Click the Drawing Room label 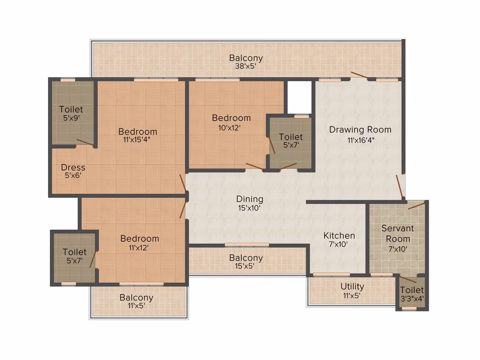point(360,130)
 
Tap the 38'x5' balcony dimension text point(245,66)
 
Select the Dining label point(250,199)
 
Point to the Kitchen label point(339,236)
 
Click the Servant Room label point(398,233)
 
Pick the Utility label point(353,287)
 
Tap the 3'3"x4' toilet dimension point(412,299)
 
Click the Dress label point(73,168)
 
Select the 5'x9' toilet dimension point(71,118)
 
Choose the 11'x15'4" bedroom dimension point(137,140)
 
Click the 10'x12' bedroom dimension point(229,128)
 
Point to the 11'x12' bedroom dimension point(139,248)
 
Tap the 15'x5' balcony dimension point(244,266)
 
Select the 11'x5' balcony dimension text point(136,305)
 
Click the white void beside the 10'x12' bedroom point(300,97)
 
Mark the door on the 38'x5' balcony point(360,76)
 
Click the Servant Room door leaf point(417,205)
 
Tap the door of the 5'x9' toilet point(85,142)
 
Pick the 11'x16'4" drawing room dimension point(361,141)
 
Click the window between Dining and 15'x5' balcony point(247,245)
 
